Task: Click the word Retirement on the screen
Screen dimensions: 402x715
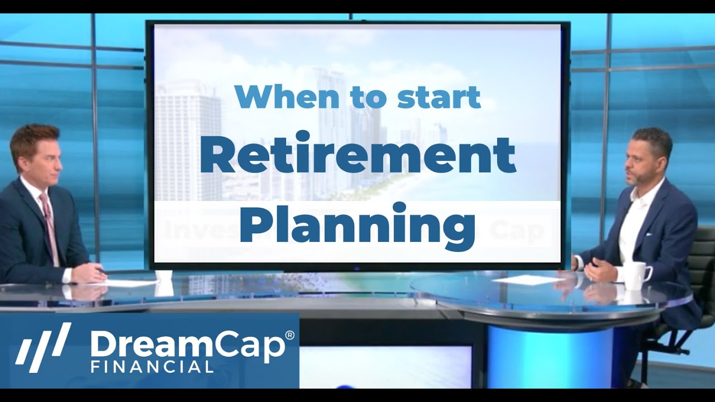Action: (x=357, y=156)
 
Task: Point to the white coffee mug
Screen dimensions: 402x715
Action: (x=636, y=275)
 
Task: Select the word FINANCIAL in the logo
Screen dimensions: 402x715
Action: (x=152, y=367)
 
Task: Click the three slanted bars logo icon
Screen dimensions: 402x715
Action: (x=43, y=347)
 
